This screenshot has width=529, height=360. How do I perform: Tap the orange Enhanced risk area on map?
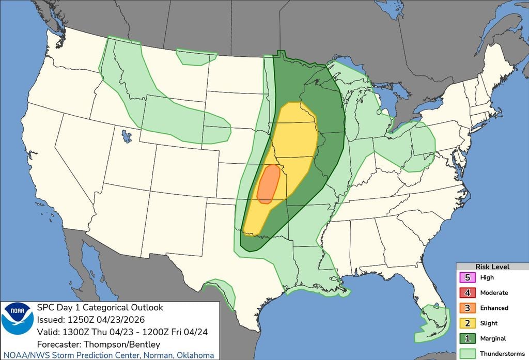[x=268, y=185]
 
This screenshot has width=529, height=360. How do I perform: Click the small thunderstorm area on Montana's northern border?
[x=195, y=57]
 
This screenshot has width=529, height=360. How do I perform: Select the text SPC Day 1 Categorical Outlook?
[x=100, y=307]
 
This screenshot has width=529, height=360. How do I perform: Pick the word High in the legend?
[x=487, y=277]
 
